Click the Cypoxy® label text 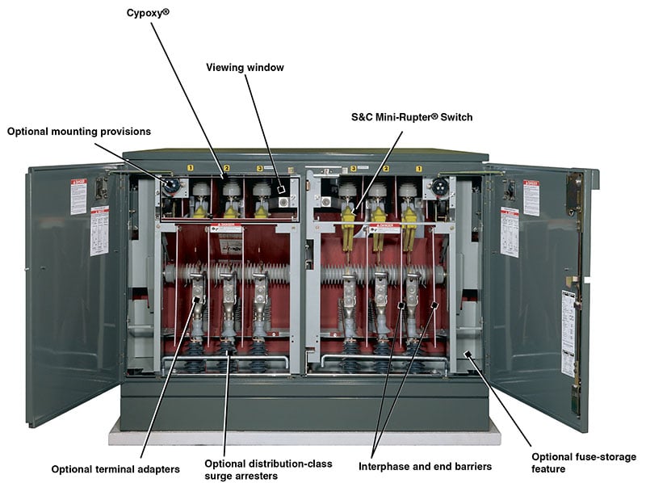147,13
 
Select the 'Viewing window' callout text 245,68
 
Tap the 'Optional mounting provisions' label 79,132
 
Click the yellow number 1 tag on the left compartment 191,168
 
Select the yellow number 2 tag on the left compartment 227,168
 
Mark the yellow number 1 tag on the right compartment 419,168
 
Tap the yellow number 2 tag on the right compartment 386,168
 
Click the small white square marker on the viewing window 281,189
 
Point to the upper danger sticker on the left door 78,195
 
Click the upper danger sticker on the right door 531,196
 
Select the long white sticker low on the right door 568,332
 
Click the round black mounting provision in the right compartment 439,186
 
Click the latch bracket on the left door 102,188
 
